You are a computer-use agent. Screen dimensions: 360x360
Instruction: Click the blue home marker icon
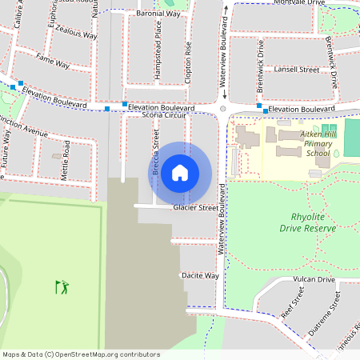pos(180,172)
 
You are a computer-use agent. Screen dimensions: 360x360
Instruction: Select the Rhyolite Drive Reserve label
pos(308,222)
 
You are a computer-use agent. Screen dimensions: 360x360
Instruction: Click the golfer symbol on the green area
pos(62,286)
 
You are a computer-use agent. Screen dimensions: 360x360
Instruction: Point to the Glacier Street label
pos(195,208)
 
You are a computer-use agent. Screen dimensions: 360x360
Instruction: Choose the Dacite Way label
pos(200,275)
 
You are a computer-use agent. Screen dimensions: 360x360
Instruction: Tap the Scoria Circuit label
pos(163,116)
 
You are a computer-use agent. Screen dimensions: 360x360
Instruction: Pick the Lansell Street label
pos(296,70)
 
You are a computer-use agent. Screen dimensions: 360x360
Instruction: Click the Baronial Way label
pos(157,14)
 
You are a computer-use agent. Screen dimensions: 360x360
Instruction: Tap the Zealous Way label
pos(77,36)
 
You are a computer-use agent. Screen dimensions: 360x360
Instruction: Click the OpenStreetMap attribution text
pos(80,354)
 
